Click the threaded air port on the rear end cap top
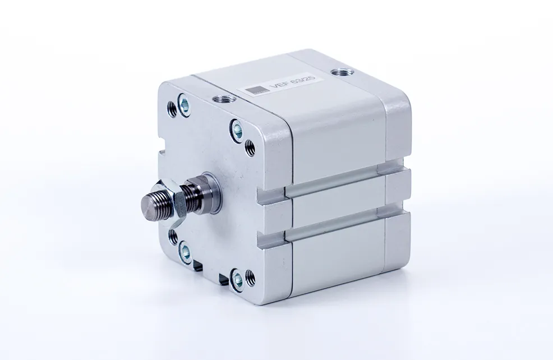338,72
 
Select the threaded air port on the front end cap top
219,99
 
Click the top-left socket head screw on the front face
183,103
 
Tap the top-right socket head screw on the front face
237,131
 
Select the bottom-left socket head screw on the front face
183,252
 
